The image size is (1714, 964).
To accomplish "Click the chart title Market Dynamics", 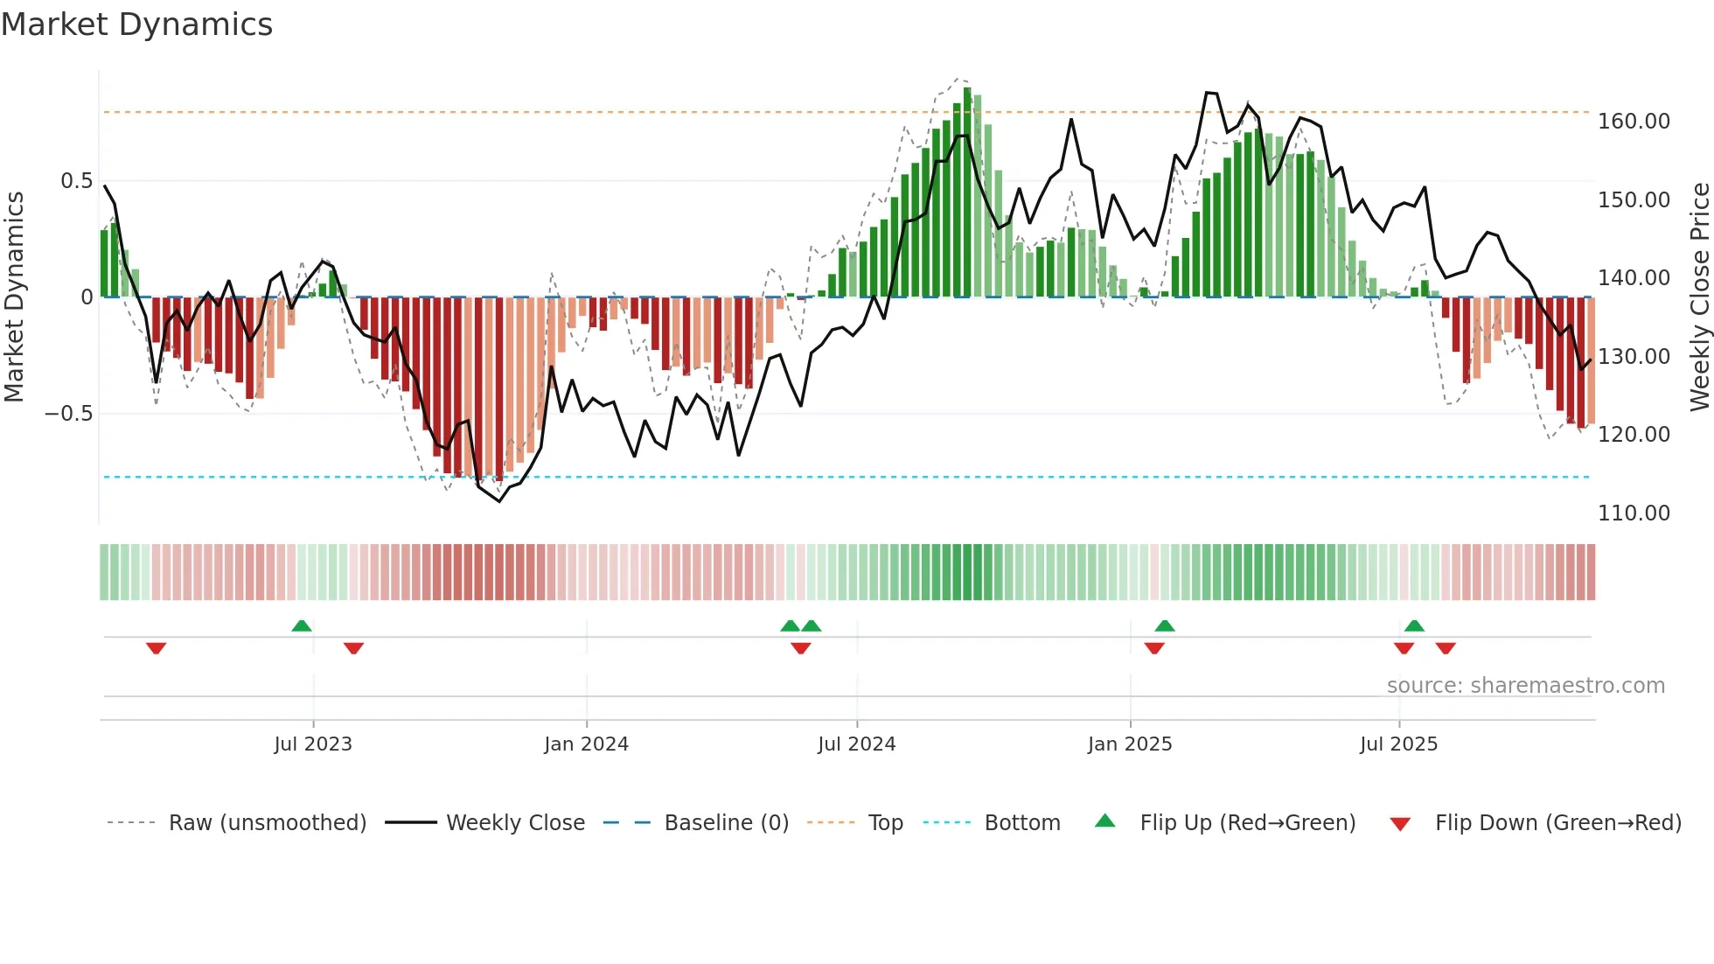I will pyautogui.click(x=137, y=24).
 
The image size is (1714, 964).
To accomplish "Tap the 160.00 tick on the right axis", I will pyautogui.click(x=1634, y=122).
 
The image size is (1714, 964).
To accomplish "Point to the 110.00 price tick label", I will pyautogui.click(x=1634, y=513).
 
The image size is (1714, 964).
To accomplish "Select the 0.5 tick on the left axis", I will pyautogui.click(x=76, y=181).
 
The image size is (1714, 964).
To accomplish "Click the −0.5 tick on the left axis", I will pyautogui.click(x=69, y=414).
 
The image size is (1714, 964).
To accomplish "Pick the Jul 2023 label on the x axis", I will pyautogui.click(x=313, y=744).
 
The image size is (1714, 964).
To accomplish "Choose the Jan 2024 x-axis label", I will pyautogui.click(x=586, y=744).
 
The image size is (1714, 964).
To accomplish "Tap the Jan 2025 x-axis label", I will pyautogui.click(x=1130, y=744).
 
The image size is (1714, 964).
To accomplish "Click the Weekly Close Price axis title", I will pyautogui.click(x=1699, y=297).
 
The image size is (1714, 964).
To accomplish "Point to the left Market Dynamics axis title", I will pyautogui.click(x=14, y=297).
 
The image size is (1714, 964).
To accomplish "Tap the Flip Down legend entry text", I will pyautogui.click(x=1557, y=823).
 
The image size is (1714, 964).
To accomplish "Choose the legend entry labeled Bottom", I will pyautogui.click(x=1021, y=823).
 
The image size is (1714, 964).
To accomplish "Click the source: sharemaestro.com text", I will pyautogui.click(x=1525, y=686).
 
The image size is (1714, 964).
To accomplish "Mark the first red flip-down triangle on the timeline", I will pyautogui.click(x=157, y=648).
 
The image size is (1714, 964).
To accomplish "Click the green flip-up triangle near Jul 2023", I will pyautogui.click(x=302, y=625).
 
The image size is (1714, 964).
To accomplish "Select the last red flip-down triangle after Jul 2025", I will pyautogui.click(x=1446, y=648).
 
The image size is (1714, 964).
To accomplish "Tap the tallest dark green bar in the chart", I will pyautogui.click(x=967, y=192).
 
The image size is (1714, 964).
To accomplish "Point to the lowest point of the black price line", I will pyautogui.click(x=499, y=501).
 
